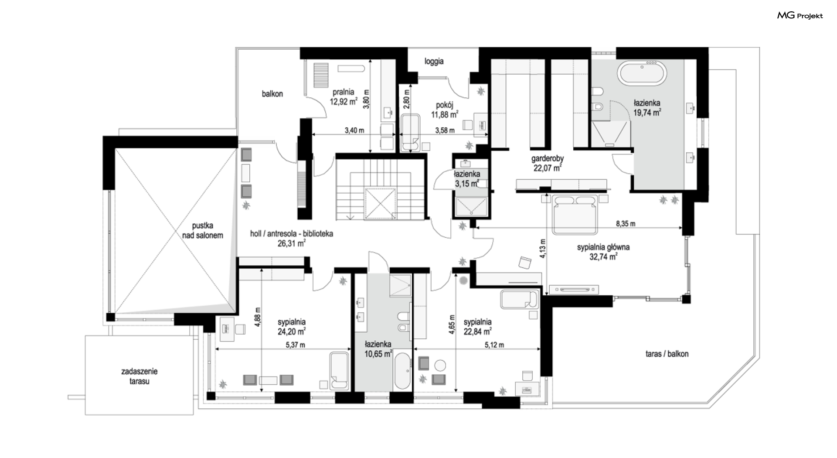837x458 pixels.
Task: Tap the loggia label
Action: [x=434, y=62]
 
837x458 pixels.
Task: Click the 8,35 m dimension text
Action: [x=626, y=224]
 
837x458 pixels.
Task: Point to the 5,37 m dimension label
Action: [x=295, y=345]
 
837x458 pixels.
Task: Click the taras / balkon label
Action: [x=667, y=354]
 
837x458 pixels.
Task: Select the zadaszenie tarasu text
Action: [x=139, y=376]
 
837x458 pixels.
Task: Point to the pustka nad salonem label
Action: [x=202, y=231]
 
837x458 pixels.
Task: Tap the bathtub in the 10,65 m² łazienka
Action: [x=402, y=371]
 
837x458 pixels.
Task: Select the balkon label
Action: [x=272, y=94]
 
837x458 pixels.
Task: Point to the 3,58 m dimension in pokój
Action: [x=445, y=130]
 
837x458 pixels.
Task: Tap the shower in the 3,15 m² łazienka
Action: [x=471, y=206]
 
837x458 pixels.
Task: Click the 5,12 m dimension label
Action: [x=494, y=345]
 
